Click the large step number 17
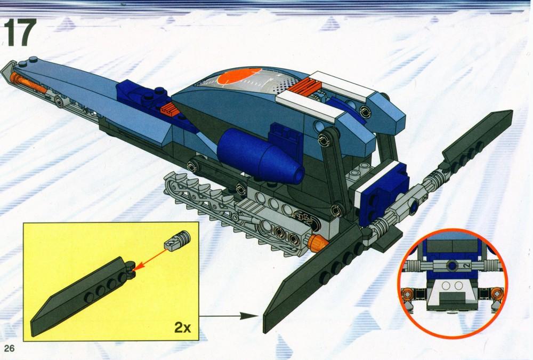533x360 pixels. (20, 33)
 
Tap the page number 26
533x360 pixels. (9, 348)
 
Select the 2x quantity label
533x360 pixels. (182, 327)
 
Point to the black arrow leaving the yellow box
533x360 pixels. (229, 316)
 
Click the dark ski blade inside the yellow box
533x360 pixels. (83, 295)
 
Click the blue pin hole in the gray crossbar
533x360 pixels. (414, 206)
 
